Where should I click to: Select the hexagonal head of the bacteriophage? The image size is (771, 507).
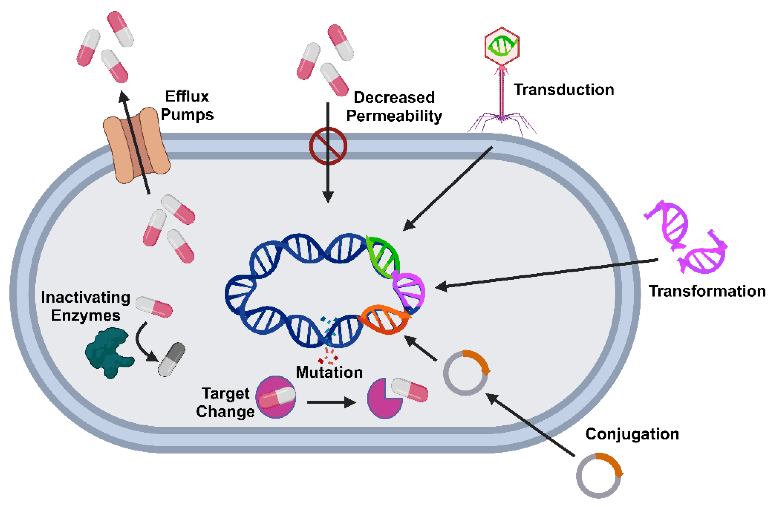[x=502, y=46]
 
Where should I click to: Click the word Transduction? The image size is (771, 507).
[x=564, y=90]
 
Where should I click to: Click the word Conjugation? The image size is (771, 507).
[x=632, y=434]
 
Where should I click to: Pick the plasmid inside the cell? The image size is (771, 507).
[x=465, y=373]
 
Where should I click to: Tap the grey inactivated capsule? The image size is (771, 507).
[x=172, y=359]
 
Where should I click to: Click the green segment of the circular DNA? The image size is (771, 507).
[x=384, y=256]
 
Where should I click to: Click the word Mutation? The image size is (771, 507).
[x=329, y=372]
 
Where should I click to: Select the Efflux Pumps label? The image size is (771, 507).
[x=187, y=105]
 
